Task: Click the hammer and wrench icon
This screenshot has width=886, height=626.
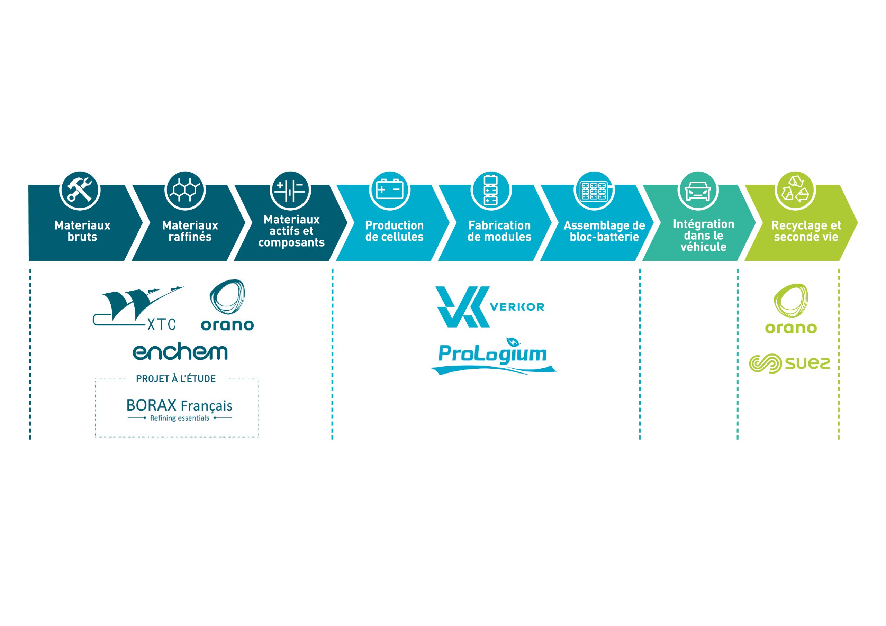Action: point(80,191)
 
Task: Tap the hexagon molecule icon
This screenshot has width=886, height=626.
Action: point(185,191)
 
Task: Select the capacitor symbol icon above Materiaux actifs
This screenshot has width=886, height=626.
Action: point(290,191)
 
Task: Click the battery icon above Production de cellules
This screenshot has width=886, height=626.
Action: point(390,191)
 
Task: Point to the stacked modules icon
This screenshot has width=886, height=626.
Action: point(491,191)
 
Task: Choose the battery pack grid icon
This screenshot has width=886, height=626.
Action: point(594,191)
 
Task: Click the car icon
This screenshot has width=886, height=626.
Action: point(698,191)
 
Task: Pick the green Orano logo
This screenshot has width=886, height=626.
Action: point(791,309)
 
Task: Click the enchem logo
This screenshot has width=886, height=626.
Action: point(180,352)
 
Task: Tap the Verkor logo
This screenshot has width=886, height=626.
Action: point(489,307)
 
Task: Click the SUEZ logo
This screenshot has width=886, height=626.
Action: point(789,363)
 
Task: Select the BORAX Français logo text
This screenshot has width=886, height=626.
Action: point(179,409)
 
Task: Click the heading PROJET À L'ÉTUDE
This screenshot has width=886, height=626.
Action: point(176,379)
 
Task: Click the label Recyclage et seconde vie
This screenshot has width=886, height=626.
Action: point(806,231)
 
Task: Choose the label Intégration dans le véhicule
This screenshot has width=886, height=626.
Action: point(704,235)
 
